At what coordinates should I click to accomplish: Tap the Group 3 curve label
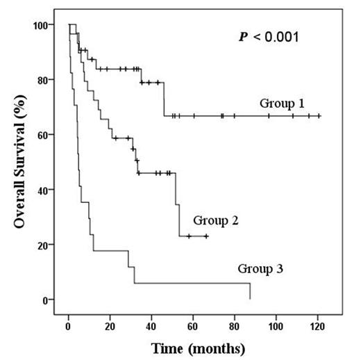click(261, 268)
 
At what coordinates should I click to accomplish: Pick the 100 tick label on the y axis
click(43, 26)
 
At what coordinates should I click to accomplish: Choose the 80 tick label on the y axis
click(46, 80)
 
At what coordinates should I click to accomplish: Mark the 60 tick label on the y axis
click(46, 135)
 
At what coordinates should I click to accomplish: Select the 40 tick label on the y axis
click(46, 190)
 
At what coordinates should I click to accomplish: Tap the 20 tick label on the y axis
click(46, 245)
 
